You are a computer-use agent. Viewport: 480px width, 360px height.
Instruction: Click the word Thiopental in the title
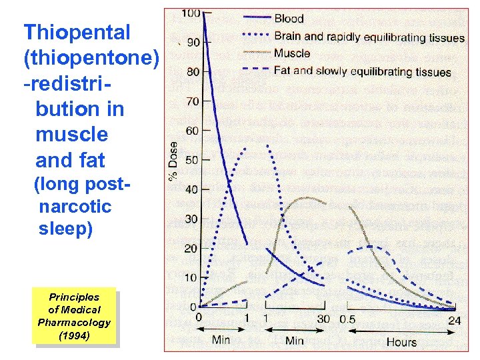77,32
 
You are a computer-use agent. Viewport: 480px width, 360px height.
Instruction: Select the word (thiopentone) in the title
91,58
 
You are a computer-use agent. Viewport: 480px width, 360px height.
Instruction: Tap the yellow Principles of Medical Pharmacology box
74,316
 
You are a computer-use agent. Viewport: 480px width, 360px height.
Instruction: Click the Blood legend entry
289,19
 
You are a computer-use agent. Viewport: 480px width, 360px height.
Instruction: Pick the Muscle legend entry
291,53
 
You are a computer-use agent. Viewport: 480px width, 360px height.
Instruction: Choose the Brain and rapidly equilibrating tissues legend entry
369,37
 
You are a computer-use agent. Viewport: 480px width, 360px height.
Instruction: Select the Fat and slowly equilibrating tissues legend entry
363,71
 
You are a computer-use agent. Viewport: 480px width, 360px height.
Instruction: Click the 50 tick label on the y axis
192,160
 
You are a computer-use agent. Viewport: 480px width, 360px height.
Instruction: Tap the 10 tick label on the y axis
192,277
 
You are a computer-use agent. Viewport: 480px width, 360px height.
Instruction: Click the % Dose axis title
173,162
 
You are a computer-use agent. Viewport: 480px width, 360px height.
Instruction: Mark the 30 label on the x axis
323,319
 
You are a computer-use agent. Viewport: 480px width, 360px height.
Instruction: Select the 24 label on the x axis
455,320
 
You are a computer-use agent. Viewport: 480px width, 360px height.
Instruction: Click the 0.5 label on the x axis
347,319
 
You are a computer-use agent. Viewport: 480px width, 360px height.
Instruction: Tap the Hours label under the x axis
401,342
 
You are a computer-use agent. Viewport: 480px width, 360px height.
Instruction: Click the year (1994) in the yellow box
74,335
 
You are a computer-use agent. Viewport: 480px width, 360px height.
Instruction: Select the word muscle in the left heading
71,135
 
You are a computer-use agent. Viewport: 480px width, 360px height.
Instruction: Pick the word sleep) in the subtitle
65,229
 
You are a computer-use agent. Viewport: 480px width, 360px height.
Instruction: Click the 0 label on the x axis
199,318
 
